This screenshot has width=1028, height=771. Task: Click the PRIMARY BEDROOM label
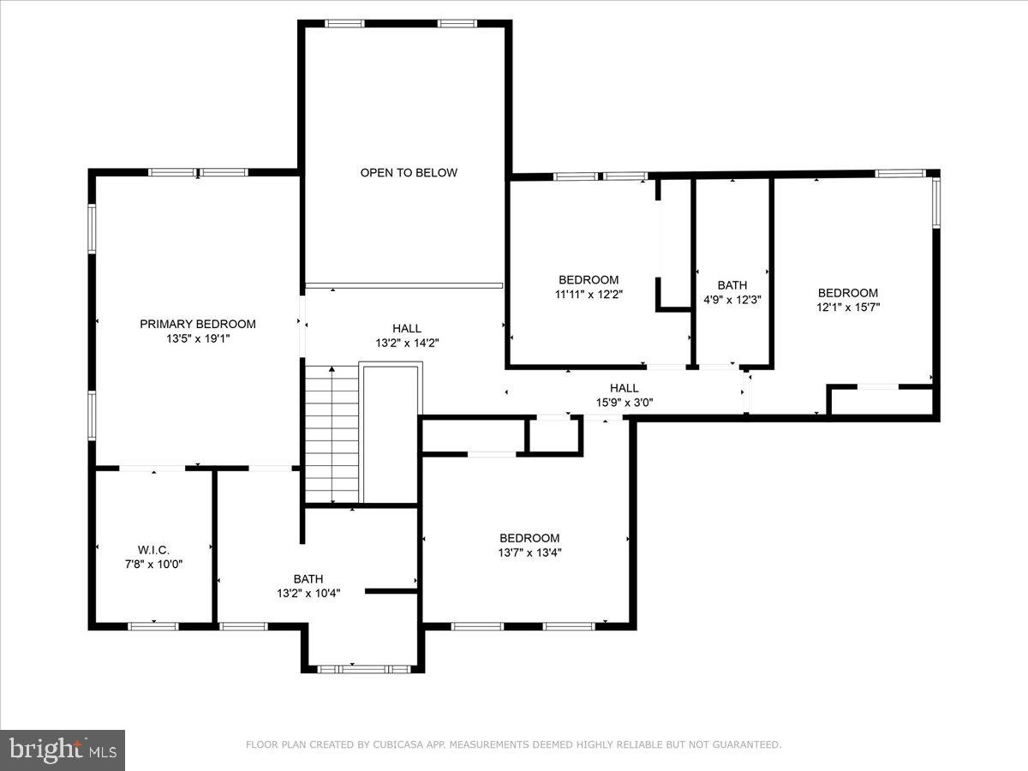coord(198,324)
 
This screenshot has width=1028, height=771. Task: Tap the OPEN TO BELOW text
coord(409,173)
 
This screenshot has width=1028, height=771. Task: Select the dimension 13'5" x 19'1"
coord(198,338)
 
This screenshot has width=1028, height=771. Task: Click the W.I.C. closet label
coord(153,550)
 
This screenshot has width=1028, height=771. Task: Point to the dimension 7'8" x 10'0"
coord(153,564)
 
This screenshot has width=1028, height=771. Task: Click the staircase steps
coord(332,433)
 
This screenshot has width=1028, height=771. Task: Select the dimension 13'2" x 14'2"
coord(407,343)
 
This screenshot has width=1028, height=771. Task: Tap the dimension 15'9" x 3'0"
coord(624,403)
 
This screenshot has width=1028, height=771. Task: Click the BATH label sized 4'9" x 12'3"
coord(732,285)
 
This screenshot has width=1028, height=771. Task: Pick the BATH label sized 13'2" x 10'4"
coord(308,579)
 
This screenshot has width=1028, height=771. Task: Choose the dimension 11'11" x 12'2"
coord(589,294)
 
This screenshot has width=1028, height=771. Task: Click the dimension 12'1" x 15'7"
coord(847,307)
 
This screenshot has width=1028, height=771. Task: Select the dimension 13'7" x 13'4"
coord(529,553)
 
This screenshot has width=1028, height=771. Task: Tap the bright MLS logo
coord(63,750)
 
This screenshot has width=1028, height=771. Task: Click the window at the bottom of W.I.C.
coord(153,626)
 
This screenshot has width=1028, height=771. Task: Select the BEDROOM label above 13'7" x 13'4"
coord(529,538)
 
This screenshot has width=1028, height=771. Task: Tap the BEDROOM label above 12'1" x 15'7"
coord(847,293)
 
